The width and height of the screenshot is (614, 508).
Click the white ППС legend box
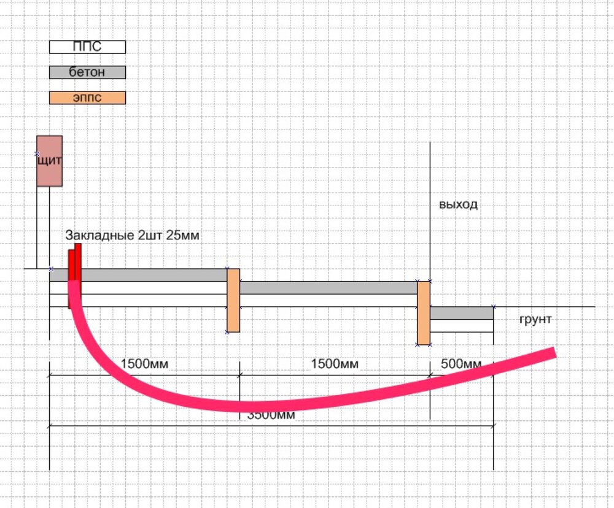coord(87,47)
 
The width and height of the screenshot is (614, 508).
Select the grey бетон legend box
coord(87,72)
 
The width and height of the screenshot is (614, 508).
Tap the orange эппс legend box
coord(87,98)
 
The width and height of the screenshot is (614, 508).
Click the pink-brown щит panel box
coord(49,161)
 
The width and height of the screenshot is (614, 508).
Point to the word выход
coord(458,204)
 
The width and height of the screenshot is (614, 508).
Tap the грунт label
coord(535,320)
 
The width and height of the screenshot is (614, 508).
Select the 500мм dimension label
coord(462,364)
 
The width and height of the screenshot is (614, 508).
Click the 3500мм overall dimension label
coord(271,415)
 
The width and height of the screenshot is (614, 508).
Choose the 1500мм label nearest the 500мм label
coord(335,364)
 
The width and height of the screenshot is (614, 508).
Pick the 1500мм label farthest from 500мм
coord(144,364)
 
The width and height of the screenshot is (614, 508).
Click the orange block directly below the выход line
coord(424,313)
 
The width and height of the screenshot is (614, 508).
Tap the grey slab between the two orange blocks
coord(328,288)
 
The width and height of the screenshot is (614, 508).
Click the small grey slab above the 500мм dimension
coord(462,313)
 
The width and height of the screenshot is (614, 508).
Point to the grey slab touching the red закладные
coord(153,275)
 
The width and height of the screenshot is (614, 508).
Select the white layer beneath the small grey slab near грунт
coord(462,326)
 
